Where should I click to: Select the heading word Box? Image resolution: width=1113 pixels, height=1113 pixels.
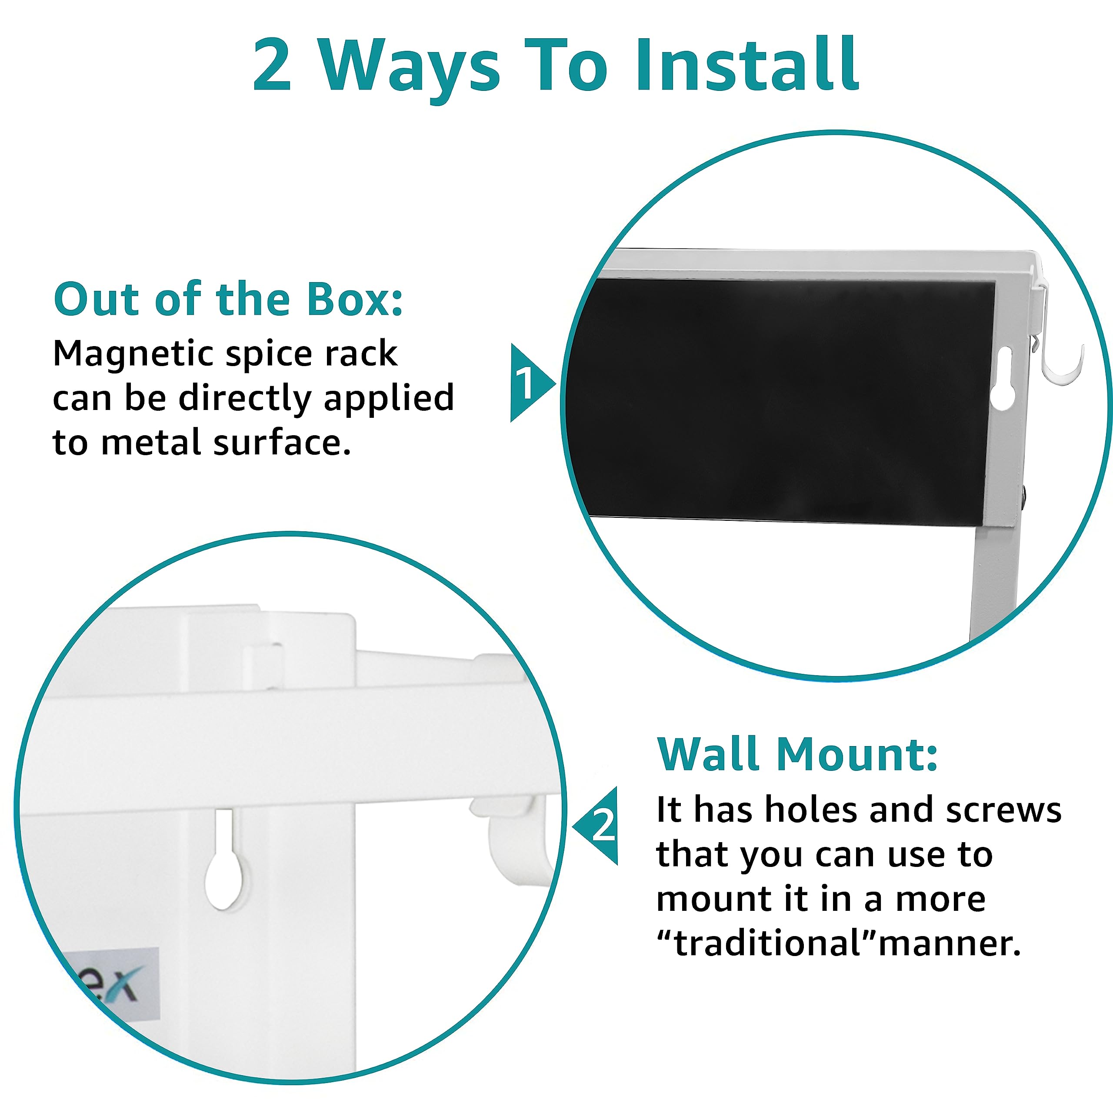355,299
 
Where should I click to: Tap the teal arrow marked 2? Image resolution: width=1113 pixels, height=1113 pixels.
596,826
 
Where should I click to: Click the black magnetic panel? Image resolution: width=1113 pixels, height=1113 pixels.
783,403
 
